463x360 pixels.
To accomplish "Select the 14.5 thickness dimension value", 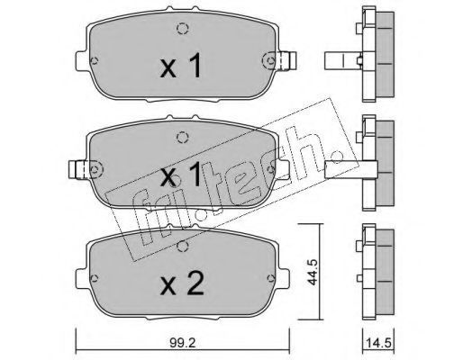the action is (377, 343).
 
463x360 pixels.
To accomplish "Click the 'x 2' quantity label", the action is (182, 283).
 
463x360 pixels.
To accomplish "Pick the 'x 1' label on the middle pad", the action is (181, 173).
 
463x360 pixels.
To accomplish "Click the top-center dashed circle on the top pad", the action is (182, 29).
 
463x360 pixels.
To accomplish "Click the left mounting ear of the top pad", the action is (82, 61).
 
